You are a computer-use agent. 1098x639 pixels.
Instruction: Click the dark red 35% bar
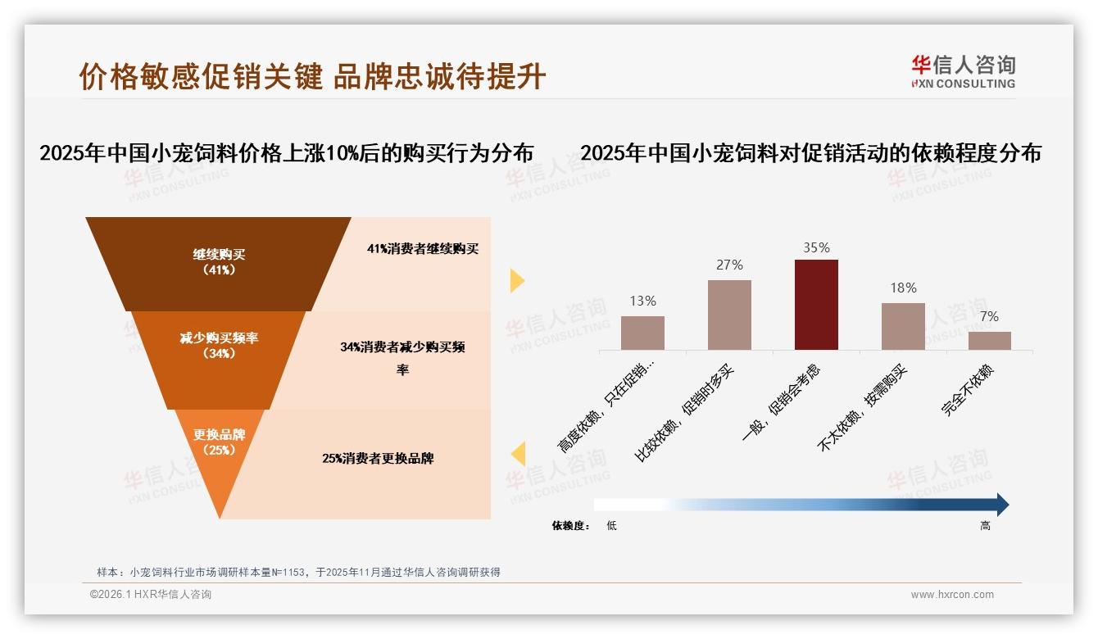point(816,305)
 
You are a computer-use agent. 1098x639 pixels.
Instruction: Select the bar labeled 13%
point(642,333)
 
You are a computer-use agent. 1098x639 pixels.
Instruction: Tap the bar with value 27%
point(729,315)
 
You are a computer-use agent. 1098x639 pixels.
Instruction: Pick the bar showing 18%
point(903,326)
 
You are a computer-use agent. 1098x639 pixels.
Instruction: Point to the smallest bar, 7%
point(989,341)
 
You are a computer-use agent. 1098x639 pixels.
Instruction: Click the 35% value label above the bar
point(816,247)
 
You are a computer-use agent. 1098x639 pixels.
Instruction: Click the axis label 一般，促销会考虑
point(782,403)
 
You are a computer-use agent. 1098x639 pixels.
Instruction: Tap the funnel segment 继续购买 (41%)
point(219,262)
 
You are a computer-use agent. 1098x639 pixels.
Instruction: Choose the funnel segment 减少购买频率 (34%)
point(219,345)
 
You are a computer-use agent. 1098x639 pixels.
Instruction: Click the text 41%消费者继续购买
point(422,249)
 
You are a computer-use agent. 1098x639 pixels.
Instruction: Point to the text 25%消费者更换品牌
point(378,459)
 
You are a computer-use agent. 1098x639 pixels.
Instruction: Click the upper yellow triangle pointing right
point(516,281)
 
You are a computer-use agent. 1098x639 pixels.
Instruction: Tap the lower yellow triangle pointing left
point(518,454)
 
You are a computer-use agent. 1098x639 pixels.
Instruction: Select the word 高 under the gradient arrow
point(985,526)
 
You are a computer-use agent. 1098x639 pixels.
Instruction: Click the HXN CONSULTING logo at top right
point(963,72)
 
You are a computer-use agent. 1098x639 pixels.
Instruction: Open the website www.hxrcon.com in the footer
point(952,595)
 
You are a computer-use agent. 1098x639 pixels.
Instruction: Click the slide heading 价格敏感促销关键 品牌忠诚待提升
point(312,76)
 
